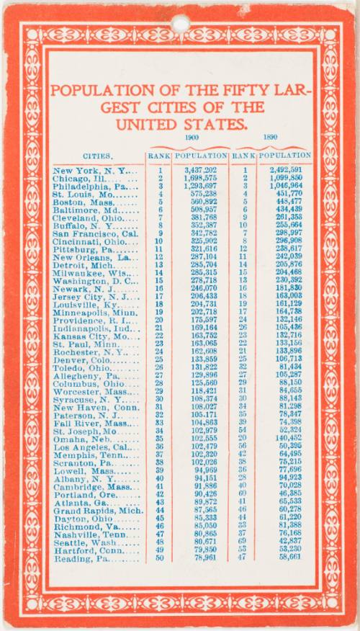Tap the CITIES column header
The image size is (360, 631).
point(96,156)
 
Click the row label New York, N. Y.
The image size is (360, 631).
point(94,171)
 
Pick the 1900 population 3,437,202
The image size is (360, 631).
point(201,171)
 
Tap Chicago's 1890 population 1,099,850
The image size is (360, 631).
point(286,178)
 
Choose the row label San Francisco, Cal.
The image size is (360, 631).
point(95,233)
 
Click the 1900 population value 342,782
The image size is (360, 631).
point(202,233)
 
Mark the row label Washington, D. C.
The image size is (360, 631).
point(94,280)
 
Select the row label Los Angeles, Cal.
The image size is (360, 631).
point(96,447)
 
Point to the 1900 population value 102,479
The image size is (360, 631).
point(202,447)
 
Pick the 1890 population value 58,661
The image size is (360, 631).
point(287,558)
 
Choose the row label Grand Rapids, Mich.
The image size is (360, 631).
point(96,510)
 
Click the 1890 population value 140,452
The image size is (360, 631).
point(286,438)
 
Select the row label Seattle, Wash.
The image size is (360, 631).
point(90,542)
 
